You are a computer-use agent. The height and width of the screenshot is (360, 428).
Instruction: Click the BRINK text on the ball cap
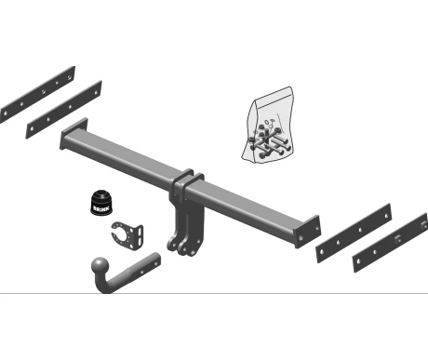101,208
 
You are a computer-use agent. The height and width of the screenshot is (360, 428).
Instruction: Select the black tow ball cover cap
101,202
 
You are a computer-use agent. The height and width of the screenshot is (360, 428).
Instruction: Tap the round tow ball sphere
100,266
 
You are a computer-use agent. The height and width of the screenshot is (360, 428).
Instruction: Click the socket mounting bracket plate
127,236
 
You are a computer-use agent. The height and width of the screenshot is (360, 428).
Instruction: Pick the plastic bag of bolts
268,125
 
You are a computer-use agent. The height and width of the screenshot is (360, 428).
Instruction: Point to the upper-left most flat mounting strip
37,94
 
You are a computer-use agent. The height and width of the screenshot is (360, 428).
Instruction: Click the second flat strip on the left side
64,109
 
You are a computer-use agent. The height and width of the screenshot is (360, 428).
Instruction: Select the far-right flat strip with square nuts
391,242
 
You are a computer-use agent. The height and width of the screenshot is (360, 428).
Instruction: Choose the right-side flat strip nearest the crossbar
354,233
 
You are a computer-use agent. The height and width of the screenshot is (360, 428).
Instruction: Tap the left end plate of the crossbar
74,133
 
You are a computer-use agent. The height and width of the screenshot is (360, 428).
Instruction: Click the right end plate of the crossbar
307,232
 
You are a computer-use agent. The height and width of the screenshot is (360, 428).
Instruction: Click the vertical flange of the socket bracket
139,237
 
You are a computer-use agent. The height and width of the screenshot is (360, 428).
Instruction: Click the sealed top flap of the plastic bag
274,96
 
